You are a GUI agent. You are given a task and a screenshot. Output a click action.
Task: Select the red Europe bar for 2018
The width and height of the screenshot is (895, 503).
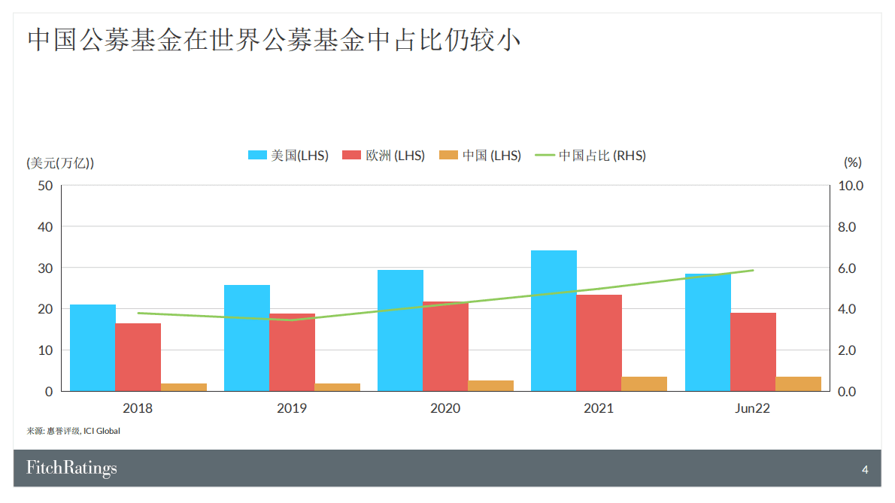pos(138,357)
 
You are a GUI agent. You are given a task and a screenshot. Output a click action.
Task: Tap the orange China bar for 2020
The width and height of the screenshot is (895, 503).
pos(491,386)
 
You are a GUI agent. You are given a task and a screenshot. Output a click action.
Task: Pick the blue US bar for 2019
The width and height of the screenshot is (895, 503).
pos(247,338)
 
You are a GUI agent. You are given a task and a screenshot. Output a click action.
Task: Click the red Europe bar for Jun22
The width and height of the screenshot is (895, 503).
pos(753,352)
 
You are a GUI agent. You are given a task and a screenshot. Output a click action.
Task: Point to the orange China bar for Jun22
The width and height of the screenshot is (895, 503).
pos(798,383)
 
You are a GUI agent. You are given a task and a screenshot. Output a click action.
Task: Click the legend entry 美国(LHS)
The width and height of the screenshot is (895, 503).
pos(289,156)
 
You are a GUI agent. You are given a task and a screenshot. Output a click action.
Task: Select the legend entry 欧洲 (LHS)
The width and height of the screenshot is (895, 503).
pos(384,156)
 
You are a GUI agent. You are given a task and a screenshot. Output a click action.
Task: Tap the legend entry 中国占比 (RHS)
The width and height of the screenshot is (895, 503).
pos(590,156)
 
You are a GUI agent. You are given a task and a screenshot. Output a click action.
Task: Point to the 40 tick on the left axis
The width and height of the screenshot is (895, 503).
pos(45,226)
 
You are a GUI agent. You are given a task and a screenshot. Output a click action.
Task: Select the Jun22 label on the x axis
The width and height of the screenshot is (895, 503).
pos(752,408)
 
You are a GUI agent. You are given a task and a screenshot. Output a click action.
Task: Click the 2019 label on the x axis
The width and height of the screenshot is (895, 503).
pos(292,408)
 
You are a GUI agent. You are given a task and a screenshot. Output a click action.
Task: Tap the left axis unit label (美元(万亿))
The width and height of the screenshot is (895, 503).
pos(60,162)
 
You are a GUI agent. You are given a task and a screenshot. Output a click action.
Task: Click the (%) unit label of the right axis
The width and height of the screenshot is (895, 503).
pos(852,162)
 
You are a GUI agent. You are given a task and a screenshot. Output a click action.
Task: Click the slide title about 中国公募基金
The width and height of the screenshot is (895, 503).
pos(275,40)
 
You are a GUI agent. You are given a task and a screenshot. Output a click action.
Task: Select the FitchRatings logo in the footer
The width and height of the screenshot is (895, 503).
pos(71,468)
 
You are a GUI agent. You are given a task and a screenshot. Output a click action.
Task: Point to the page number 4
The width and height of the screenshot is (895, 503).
pos(865,470)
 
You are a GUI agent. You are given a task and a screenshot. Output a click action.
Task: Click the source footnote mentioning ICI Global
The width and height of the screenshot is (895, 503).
pos(74,432)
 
